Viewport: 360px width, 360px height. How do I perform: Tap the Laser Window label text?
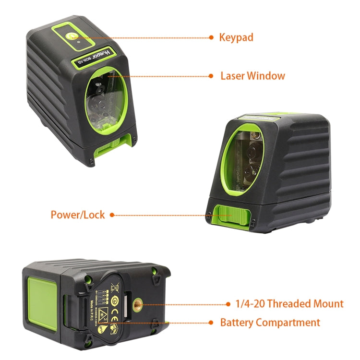coord(252,76)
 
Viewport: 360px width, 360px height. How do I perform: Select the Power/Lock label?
coord(78,215)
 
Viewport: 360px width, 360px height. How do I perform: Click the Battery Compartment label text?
coord(270,323)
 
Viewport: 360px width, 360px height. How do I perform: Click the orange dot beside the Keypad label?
coord(211,37)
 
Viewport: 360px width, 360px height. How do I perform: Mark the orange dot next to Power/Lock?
coord(112,215)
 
